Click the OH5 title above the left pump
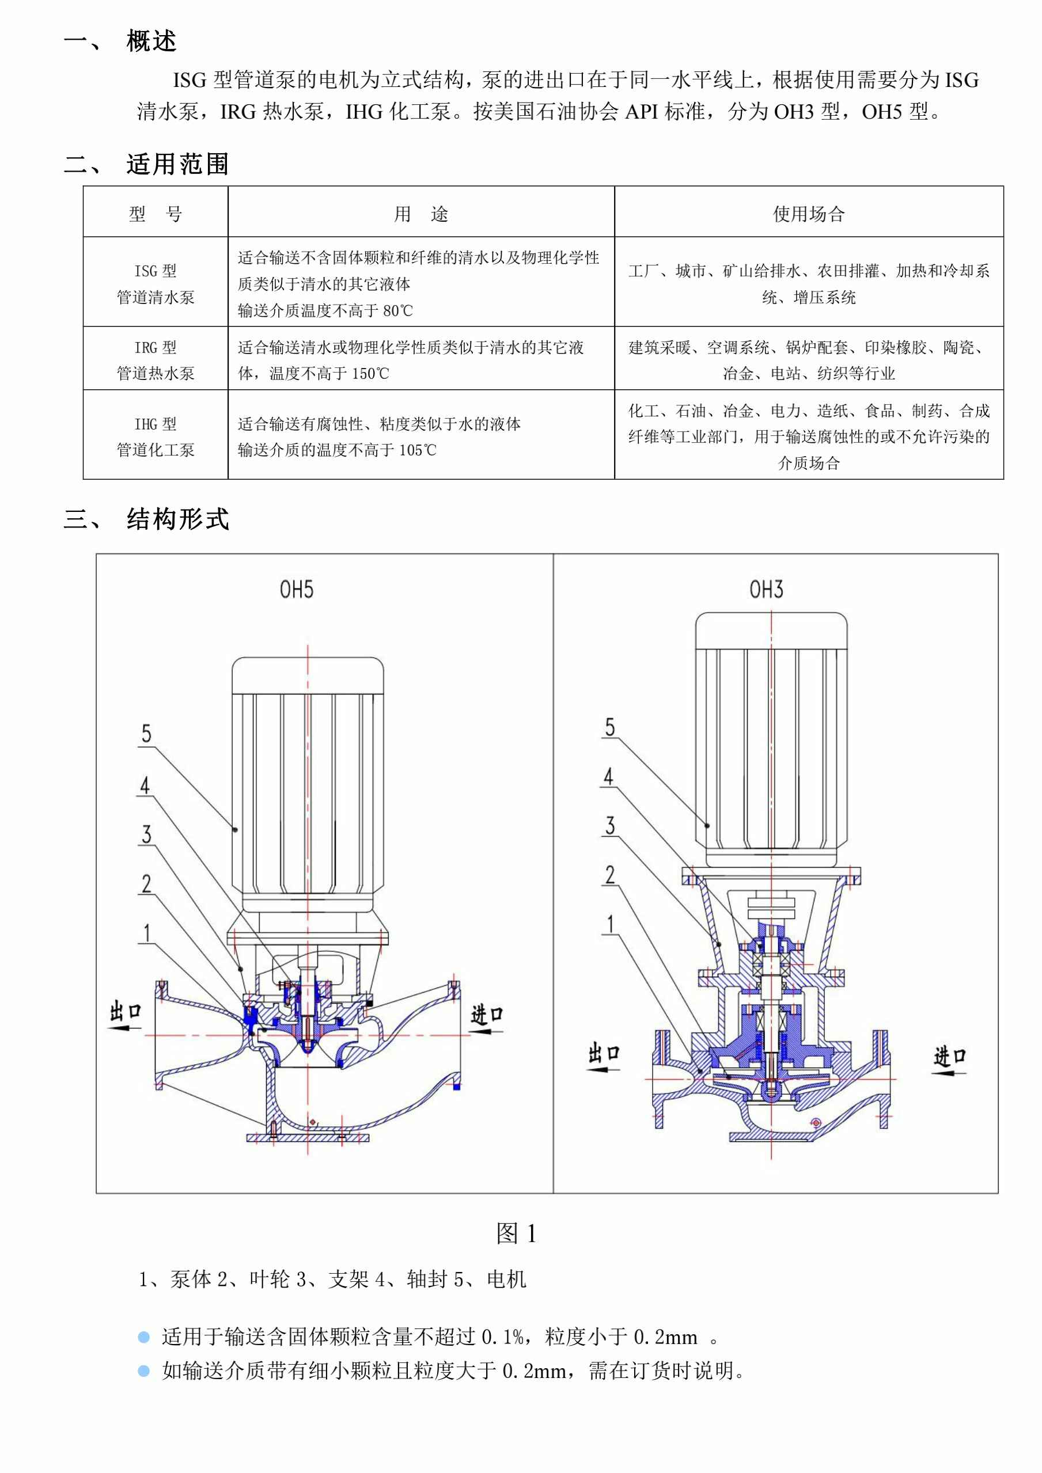297,589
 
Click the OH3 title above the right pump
766,589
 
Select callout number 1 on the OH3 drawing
610,924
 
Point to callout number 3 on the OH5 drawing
146,834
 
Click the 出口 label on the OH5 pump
125,1011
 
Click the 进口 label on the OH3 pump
950,1056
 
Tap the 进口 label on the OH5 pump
486,1014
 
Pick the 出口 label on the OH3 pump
604,1053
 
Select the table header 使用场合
809,214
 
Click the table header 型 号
156,214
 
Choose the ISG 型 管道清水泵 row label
156,283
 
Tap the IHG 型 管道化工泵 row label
156,436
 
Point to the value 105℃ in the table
417,450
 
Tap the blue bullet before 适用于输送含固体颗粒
144,1338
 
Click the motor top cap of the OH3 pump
771,629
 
